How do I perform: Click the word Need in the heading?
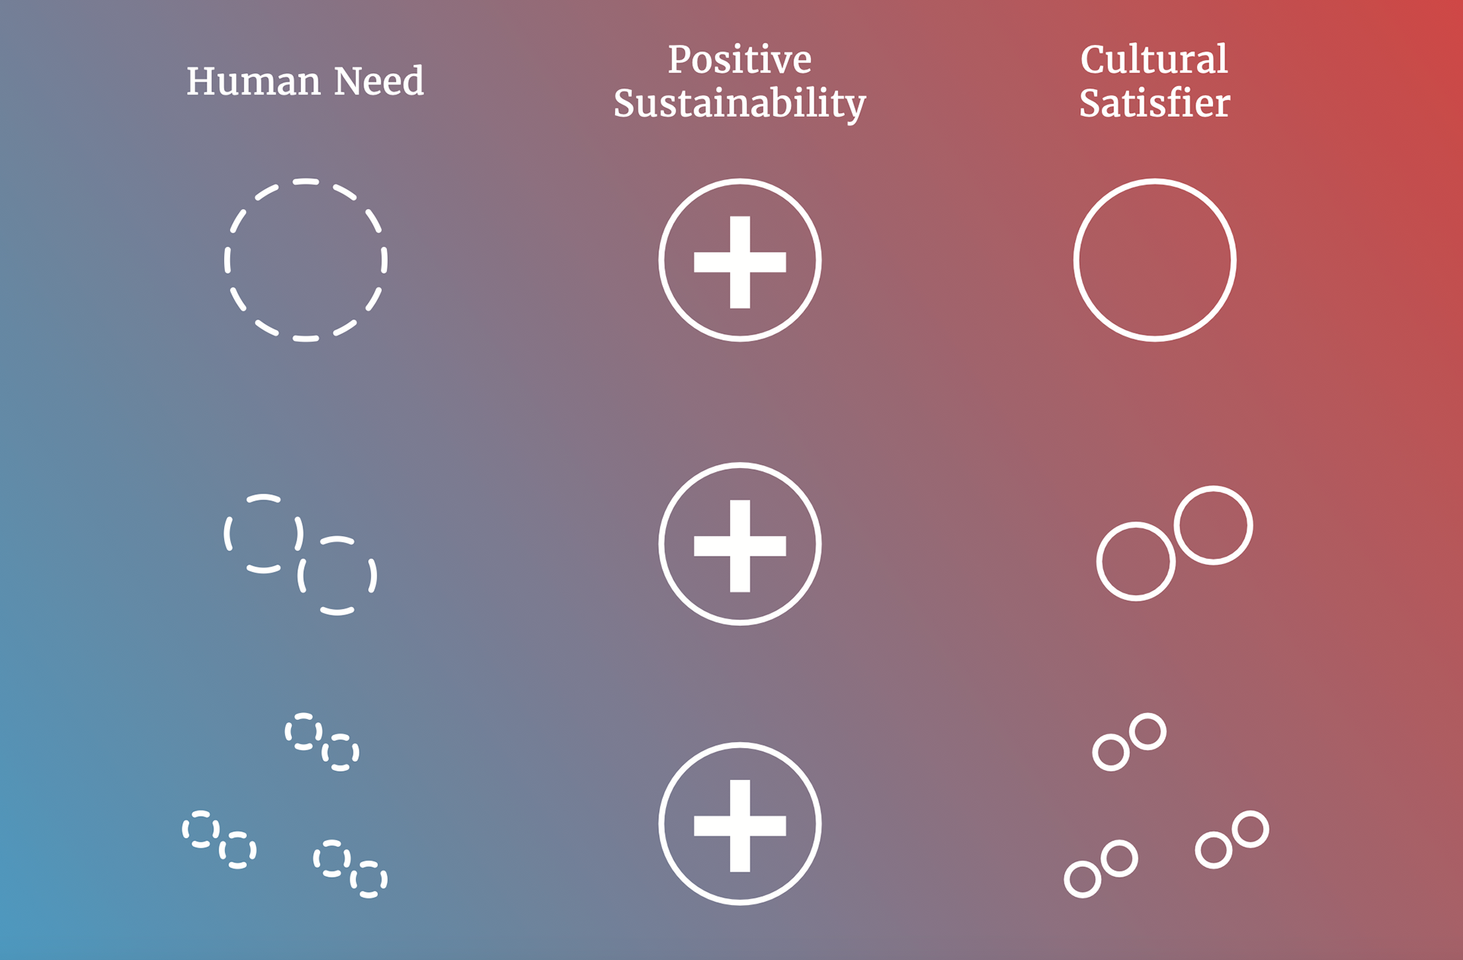[379, 81]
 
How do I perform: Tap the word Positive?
[739, 59]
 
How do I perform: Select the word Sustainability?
[739, 104]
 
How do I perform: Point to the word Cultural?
[1154, 59]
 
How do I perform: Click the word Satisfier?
[1154, 104]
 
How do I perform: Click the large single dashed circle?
[306, 260]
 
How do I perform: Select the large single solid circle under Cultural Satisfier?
[1154, 260]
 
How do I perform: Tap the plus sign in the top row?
[740, 262]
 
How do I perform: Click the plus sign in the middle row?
[740, 545]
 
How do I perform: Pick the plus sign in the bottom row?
[740, 825]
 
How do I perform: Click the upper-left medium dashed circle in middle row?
[264, 533]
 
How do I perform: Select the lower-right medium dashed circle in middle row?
[337, 576]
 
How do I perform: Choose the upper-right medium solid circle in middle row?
[1213, 525]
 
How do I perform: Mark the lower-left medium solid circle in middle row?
[1135, 562]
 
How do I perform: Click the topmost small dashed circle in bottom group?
[303, 732]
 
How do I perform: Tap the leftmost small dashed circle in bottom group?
[200, 829]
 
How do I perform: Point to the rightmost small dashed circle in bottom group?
[369, 879]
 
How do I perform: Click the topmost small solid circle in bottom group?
[1148, 732]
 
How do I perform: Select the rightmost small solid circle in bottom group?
[1250, 829]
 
